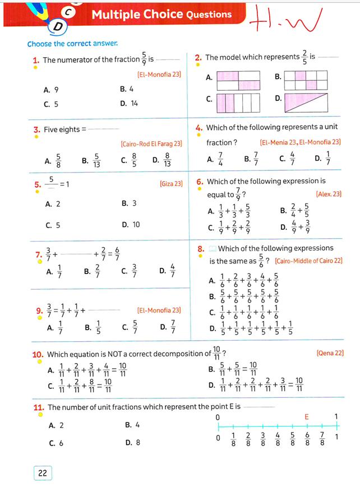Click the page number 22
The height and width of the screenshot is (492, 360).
[43, 473]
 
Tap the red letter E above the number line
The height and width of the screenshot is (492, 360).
[306, 417]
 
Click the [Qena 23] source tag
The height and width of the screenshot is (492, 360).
[330, 353]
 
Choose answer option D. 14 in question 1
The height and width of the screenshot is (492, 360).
[129, 104]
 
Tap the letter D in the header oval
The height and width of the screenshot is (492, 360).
[58, 26]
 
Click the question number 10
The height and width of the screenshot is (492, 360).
[38, 354]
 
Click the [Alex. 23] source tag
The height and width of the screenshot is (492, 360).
[329, 194]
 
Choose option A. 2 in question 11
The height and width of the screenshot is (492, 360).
[56, 425]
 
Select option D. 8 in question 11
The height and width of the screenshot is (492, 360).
[132, 442]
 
